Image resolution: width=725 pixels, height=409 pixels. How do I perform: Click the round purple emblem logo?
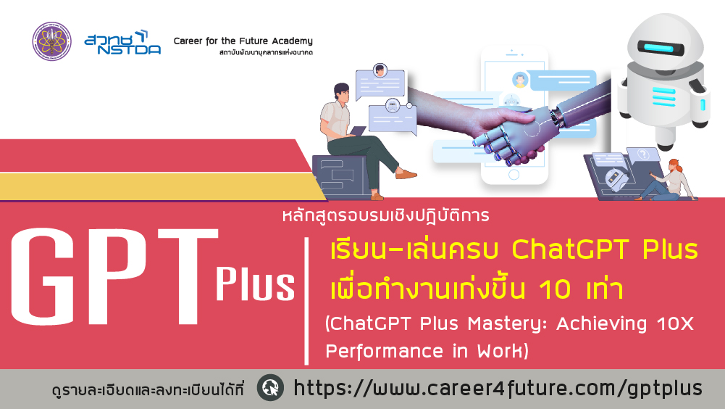click(x=52, y=41)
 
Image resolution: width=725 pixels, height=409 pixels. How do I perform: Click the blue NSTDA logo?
click(x=122, y=43)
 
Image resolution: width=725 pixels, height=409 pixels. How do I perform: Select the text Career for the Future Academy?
click(x=243, y=41)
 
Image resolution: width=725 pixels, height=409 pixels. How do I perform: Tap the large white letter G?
click(x=43, y=276)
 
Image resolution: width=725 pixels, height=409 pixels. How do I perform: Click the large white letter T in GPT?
click(x=188, y=276)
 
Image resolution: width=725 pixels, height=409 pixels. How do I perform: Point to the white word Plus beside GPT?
click(x=255, y=283)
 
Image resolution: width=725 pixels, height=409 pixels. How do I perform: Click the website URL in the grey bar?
click(x=498, y=388)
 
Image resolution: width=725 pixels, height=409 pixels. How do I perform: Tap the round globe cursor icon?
click(x=270, y=387)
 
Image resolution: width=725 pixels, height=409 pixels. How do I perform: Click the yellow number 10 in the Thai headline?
click(x=555, y=289)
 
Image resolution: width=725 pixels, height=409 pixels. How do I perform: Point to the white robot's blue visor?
click(x=661, y=47)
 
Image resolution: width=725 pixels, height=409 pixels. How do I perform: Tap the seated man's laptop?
click(x=357, y=131)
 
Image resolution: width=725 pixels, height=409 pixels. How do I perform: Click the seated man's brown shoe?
click(x=406, y=174)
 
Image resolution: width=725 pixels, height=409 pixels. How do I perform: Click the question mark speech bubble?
click(x=643, y=155)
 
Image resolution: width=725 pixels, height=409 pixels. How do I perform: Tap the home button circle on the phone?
click(x=514, y=175)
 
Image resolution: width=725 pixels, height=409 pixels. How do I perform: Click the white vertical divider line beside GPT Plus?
click(x=306, y=301)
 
